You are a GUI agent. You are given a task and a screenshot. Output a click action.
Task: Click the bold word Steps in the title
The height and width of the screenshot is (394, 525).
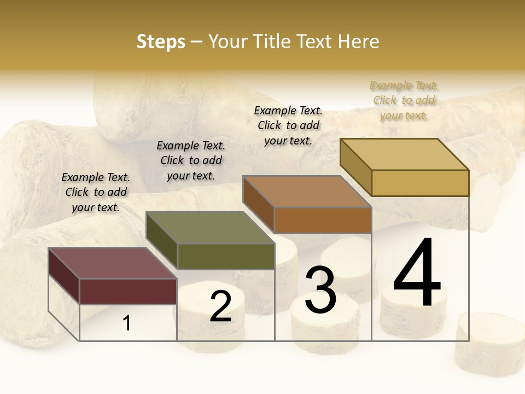tap(161, 42)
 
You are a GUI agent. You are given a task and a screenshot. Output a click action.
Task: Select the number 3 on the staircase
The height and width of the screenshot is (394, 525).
tap(320, 289)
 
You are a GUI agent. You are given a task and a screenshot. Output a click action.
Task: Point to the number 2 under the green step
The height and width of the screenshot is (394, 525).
tap(220, 306)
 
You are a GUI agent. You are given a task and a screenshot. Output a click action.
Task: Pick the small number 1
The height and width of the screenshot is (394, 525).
tap(127, 323)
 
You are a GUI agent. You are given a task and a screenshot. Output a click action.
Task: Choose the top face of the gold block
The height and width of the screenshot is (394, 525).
tap(404, 154)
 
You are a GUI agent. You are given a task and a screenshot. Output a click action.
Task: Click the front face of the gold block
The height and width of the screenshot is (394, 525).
tap(420, 183)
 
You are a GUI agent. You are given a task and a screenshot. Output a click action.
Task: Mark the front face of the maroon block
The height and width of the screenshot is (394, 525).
tap(128, 291)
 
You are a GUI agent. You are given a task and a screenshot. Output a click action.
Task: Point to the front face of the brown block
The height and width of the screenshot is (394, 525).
tap(323, 220)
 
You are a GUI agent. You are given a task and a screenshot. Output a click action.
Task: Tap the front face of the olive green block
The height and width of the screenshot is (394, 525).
tap(225, 256)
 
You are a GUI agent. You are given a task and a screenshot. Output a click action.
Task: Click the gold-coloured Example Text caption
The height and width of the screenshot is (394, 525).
tap(404, 101)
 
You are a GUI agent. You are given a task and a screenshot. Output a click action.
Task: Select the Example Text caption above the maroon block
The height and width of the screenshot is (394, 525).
tap(96, 192)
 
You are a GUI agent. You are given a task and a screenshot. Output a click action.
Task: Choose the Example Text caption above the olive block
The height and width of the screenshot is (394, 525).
tap(191, 160)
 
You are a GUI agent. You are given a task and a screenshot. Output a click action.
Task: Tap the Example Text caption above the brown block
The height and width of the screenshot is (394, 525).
tap(288, 125)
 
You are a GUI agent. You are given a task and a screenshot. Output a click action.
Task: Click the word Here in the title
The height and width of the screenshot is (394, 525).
tap(358, 42)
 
